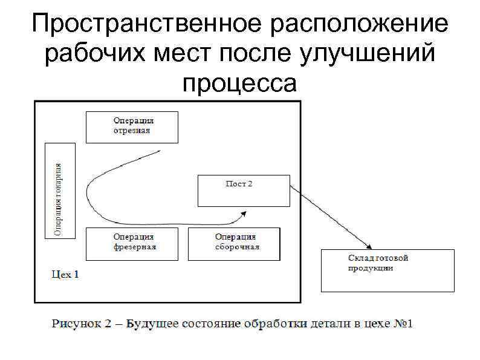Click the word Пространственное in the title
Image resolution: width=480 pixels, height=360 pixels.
click(146, 25)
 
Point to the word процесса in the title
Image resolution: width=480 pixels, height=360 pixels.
click(240, 83)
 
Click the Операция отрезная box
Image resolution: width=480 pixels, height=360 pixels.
click(132, 126)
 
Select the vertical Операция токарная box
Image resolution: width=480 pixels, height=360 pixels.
click(60, 190)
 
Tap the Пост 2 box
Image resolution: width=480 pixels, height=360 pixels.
click(244, 191)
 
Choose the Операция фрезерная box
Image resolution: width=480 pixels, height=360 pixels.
click(132, 243)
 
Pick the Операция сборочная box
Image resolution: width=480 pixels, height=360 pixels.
click(234, 243)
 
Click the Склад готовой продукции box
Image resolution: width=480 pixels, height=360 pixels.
click(387, 270)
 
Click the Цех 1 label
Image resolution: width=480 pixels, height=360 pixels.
click(65, 275)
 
